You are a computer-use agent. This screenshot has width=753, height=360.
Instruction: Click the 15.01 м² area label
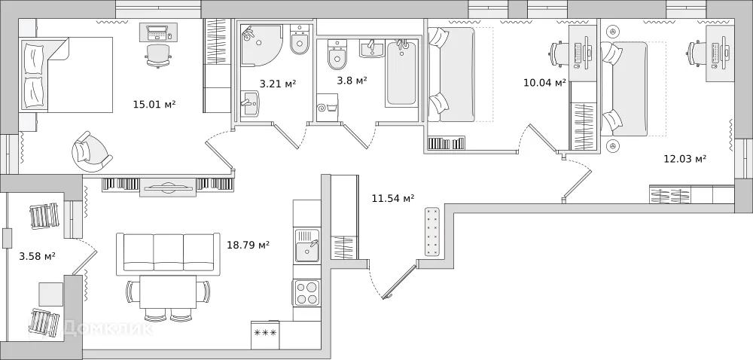tap(154, 104)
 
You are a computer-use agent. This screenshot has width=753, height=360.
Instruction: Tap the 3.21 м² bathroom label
tap(277, 84)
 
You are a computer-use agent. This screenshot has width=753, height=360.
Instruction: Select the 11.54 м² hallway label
tap(393, 199)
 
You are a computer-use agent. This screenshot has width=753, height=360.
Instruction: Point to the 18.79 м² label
tap(248, 245)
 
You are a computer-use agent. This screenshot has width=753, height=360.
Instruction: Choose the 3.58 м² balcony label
tap(37, 256)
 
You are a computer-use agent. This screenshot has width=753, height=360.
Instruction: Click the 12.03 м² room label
tap(684, 159)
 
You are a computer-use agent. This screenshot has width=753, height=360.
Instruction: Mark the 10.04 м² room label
tap(544, 83)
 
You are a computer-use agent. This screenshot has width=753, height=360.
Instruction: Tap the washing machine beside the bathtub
tap(328, 108)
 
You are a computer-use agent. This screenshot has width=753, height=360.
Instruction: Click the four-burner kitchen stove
tap(306, 292)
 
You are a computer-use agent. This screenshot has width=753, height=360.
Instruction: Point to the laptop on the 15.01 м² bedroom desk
tap(158, 32)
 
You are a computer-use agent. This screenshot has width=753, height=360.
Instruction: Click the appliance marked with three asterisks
tap(265, 334)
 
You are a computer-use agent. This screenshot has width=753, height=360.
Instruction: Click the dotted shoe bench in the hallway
tap(432, 232)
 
